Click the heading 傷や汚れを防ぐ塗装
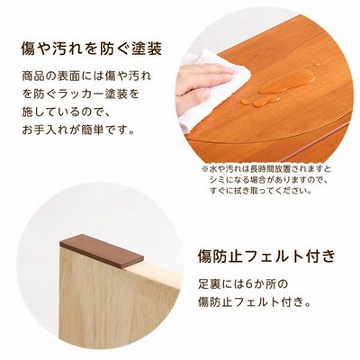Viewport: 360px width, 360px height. (x=92, y=49)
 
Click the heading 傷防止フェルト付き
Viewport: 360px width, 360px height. (x=266, y=256)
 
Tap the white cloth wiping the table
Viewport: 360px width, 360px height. (x=212, y=90)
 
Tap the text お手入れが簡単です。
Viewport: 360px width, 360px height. (x=78, y=130)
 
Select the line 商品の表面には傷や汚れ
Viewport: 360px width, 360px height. (x=87, y=76)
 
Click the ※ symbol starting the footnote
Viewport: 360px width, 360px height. (x=204, y=169)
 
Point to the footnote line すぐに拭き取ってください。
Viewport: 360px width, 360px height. (x=260, y=191)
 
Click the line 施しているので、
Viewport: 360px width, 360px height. (x=67, y=112)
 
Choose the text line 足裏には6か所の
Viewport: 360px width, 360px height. (x=243, y=283)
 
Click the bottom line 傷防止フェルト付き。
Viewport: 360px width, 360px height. (x=254, y=301)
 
